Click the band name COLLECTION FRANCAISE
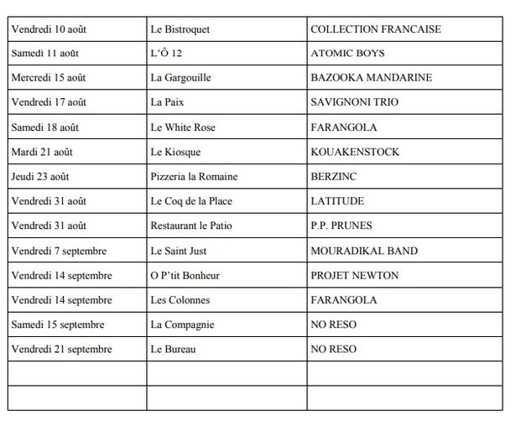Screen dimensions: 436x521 (375, 29)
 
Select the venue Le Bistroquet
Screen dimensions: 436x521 (180, 29)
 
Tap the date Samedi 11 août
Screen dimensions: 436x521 (46, 54)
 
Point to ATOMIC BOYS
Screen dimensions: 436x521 (347, 54)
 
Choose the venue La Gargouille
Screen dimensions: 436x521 (180, 78)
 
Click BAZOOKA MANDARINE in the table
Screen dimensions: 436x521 (371, 78)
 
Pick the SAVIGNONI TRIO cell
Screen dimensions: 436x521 (354, 102)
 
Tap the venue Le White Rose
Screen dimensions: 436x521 (183, 127)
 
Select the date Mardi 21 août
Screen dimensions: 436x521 (42, 152)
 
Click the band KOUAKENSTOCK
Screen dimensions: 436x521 (355, 152)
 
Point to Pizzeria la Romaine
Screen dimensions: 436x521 (194, 176)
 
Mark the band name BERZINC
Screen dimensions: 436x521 (332, 176)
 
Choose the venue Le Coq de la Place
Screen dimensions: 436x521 (191, 201)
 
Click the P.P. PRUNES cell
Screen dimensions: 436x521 (341, 226)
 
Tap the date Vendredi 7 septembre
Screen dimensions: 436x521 (61, 251)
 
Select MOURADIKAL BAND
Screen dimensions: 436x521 (363, 251)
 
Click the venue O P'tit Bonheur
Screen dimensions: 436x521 (185, 275)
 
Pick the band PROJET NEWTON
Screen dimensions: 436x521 (354, 275)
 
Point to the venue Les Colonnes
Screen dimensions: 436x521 (180, 299)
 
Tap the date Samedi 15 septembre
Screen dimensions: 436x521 (58, 324)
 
